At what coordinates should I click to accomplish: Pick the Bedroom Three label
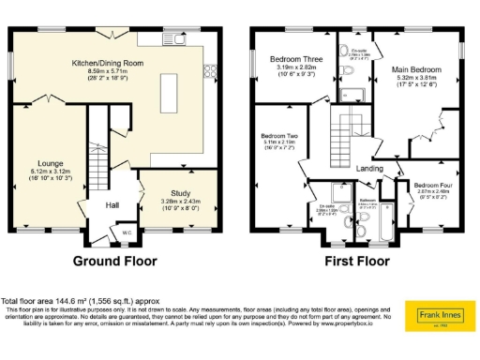pos(290,58)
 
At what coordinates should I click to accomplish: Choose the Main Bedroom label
pos(414,69)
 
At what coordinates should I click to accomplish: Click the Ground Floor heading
pos(115,261)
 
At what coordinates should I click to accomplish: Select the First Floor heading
pos(356,261)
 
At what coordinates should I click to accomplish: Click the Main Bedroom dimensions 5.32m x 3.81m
pos(414,78)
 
